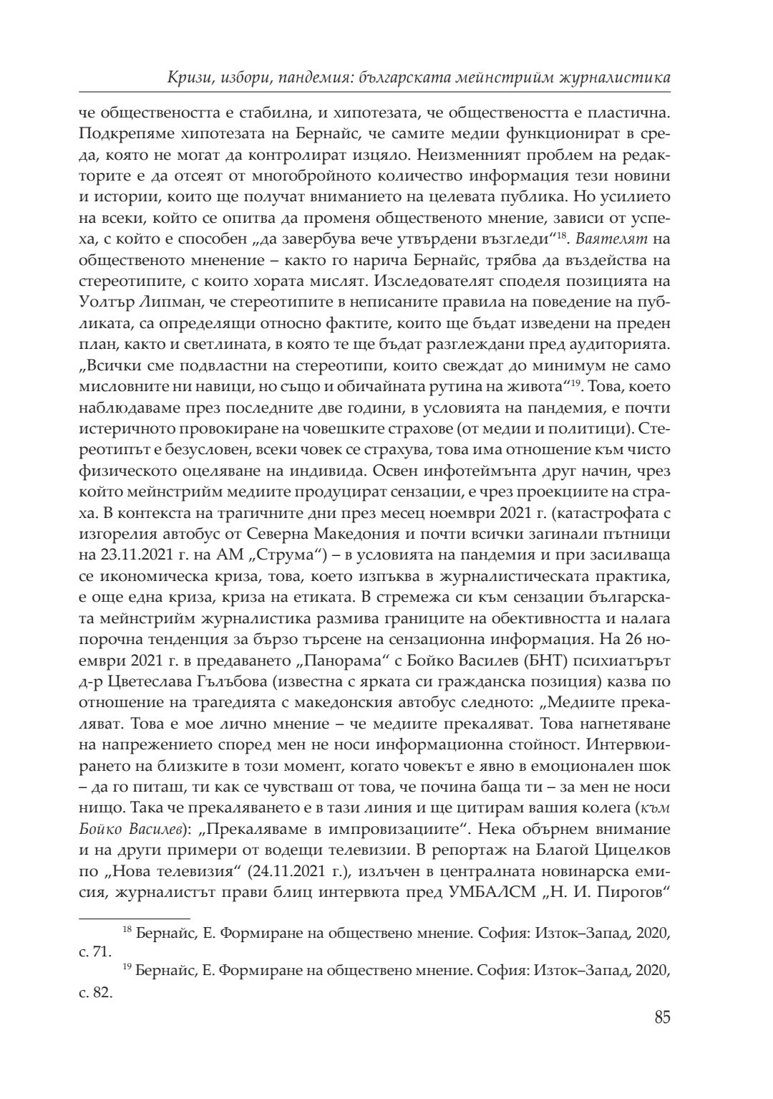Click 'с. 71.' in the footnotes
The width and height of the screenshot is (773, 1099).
tap(96, 951)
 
